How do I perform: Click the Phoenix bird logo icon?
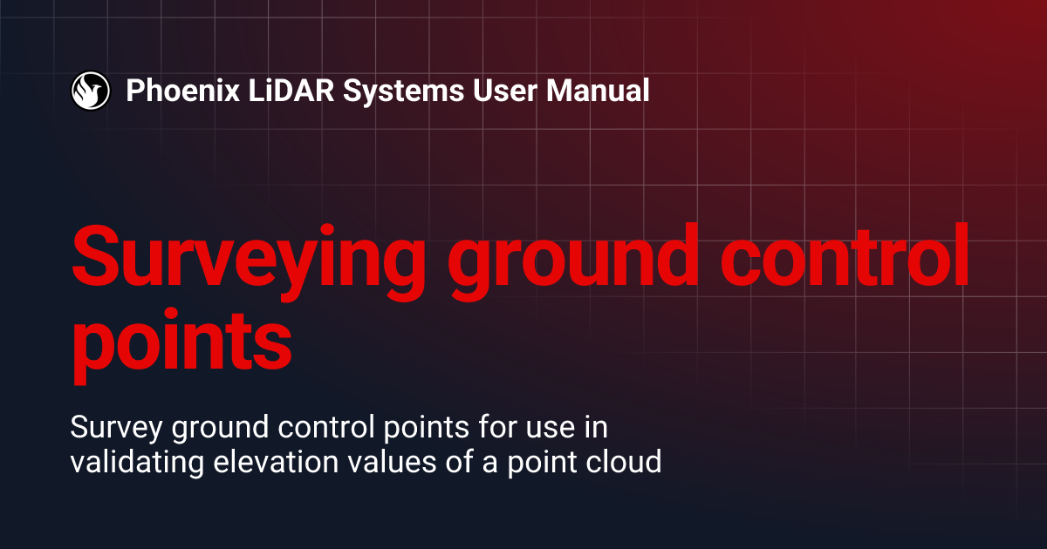(x=90, y=91)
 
